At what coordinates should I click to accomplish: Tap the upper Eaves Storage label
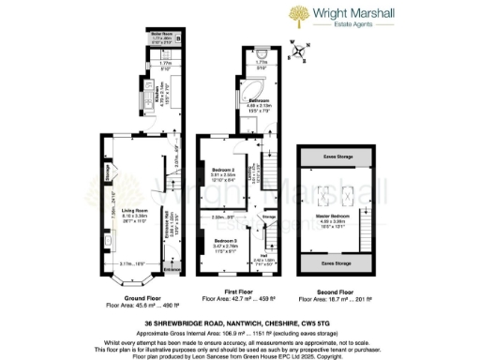coord(329,156)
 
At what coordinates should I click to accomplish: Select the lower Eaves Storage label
coord(329,265)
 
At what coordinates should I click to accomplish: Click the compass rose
coord(298,51)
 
